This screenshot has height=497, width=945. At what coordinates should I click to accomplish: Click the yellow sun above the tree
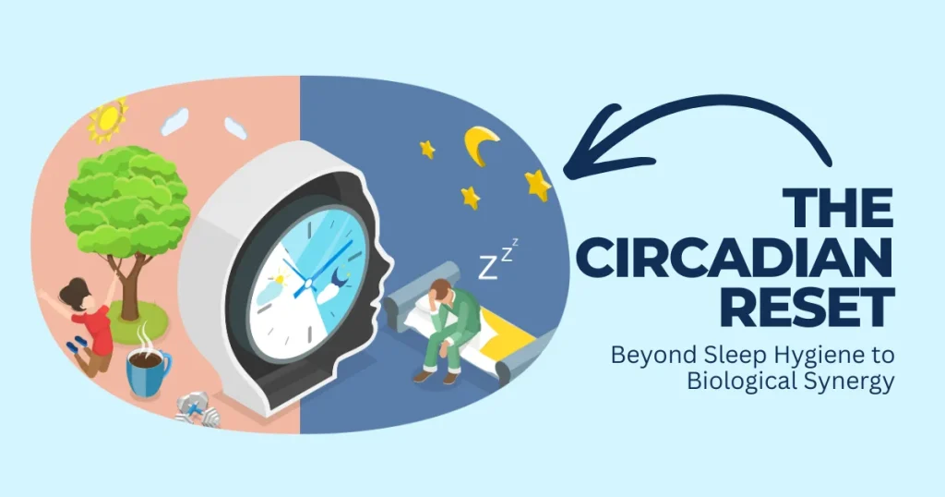tap(107, 118)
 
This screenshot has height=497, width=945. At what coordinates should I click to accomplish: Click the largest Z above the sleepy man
tap(489, 268)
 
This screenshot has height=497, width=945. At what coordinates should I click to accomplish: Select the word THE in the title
tap(839, 209)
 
